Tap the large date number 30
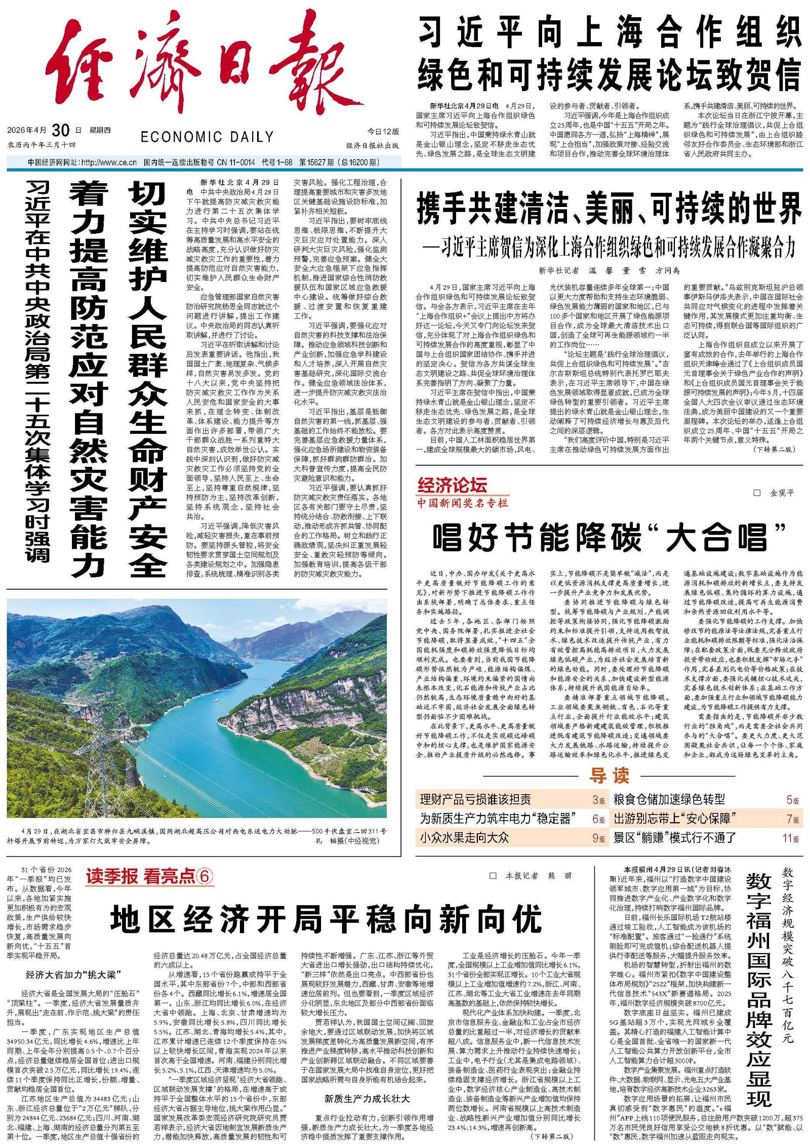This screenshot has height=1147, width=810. (60, 131)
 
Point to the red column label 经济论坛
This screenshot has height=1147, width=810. (452, 485)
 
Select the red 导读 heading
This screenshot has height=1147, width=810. (609, 775)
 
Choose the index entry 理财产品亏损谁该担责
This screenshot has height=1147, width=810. (475, 800)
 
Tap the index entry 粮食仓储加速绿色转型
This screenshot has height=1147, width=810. (669, 800)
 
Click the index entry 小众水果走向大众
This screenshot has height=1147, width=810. (464, 838)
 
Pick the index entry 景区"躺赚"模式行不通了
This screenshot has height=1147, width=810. (675, 838)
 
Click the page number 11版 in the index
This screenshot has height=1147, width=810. (791, 838)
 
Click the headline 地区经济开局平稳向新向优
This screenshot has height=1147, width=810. (327, 918)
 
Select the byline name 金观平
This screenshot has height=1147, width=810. (782, 493)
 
